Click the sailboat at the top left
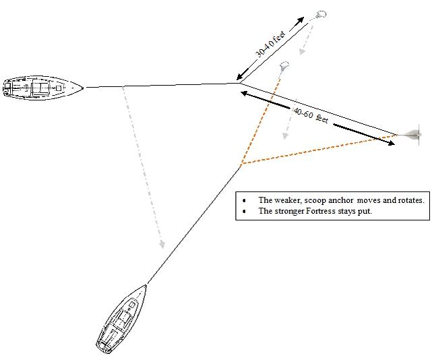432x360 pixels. point(43,88)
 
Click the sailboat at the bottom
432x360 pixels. point(122,320)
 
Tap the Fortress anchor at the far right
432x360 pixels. point(412,135)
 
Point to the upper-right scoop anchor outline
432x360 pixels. point(319,15)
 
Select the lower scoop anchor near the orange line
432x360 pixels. point(284,65)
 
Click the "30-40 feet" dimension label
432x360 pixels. point(270,44)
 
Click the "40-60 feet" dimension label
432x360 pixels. point(311,115)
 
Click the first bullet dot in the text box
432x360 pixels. point(244,201)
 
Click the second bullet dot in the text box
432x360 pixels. point(244,212)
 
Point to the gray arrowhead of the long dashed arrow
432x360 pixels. point(162,244)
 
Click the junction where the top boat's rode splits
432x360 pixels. point(239,83)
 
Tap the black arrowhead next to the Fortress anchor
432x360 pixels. point(391,143)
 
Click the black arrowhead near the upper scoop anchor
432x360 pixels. point(300,20)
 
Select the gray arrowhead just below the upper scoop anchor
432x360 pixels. point(303,51)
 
